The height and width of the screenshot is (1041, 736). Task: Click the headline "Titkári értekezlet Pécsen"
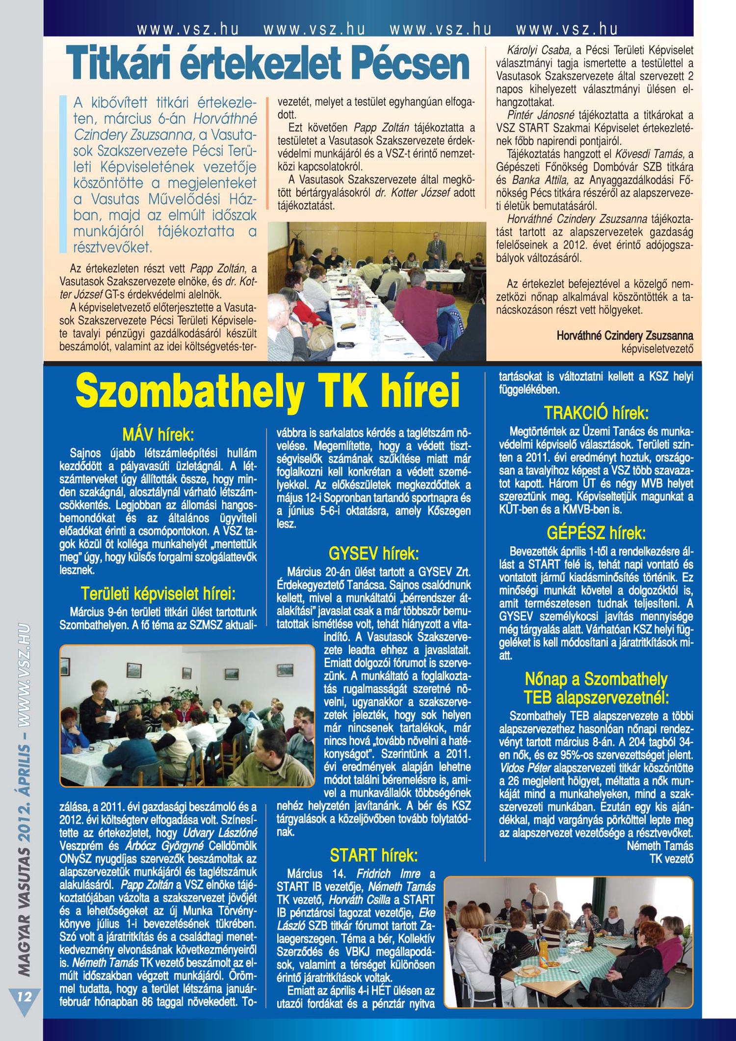click(267, 64)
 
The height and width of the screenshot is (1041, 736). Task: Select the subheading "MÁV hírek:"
click(158, 434)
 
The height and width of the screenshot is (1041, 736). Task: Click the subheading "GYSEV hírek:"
click(373, 554)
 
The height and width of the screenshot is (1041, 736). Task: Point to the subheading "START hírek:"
click(373, 855)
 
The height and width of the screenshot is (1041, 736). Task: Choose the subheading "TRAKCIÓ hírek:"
click(596, 413)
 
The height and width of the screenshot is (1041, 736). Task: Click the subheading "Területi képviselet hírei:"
click(158, 594)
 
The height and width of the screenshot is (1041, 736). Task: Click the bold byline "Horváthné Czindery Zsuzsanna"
click(625, 336)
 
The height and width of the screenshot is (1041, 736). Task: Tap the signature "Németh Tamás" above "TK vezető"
click(660, 846)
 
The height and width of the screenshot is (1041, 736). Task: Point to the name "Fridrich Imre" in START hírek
click(388, 874)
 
